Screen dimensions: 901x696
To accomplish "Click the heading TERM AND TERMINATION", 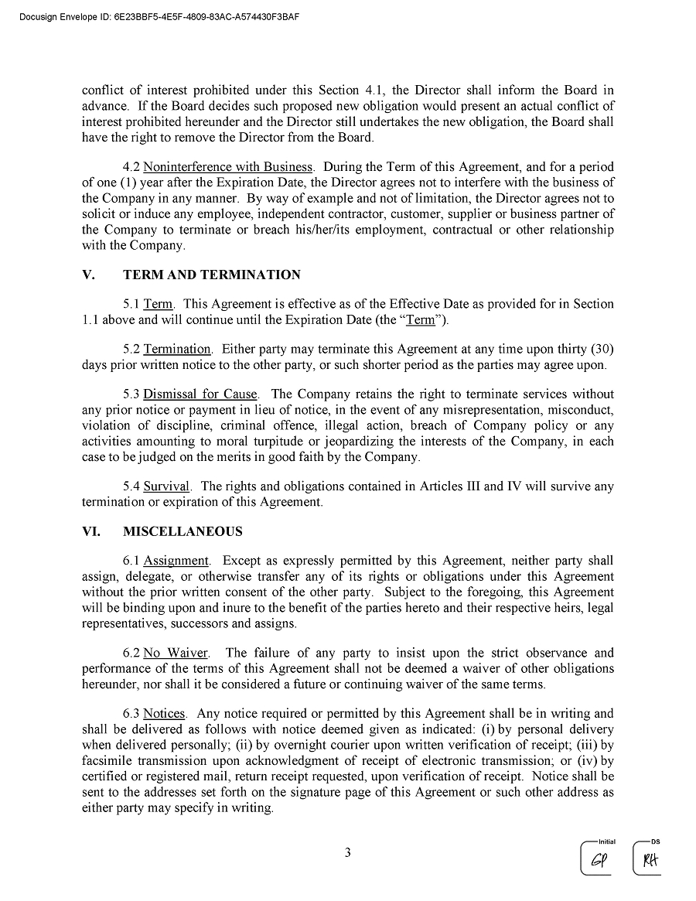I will (211, 275).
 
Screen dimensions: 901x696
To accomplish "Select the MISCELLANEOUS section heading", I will (182, 531).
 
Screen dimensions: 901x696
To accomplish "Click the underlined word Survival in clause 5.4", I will (166, 486).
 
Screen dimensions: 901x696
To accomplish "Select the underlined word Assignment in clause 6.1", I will (176, 561).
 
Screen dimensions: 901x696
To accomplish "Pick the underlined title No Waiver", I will (176, 654).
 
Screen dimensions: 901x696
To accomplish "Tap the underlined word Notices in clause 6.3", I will (164, 714).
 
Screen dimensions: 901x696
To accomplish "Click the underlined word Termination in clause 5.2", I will (177, 349).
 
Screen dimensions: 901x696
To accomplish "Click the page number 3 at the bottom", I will (348, 853).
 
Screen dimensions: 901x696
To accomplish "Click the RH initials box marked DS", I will (649, 860).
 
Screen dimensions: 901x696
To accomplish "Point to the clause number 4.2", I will (131, 167).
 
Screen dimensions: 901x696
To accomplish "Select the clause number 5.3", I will (131, 394).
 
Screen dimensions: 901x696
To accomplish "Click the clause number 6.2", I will (131, 654).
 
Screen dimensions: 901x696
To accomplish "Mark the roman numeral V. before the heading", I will (88, 275).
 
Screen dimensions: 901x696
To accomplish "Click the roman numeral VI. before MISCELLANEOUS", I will (91, 531).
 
